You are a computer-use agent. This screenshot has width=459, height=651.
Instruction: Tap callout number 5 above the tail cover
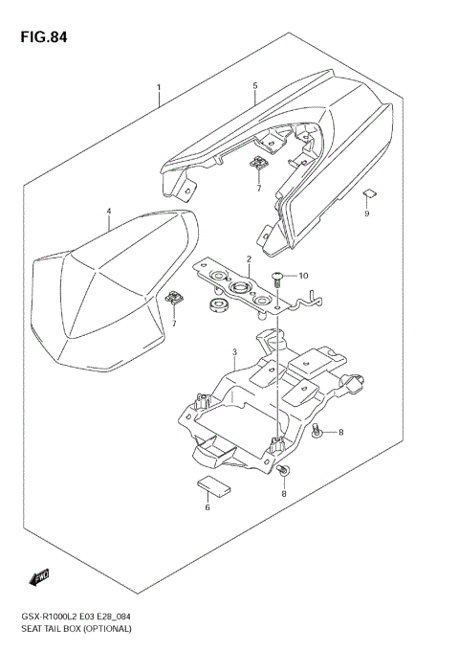pos(255,86)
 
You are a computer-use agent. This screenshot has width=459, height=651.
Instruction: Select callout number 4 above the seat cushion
pos(109,212)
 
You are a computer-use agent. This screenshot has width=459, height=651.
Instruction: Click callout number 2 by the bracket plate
pos(249,259)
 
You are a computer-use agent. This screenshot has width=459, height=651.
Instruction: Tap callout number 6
pos(207,507)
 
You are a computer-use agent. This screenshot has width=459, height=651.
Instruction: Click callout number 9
pos(366,213)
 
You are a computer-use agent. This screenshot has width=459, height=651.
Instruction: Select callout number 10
pos(304,277)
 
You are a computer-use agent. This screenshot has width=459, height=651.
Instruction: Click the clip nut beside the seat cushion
pos(175,299)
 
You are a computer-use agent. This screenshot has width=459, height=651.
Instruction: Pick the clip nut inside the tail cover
pos(258,167)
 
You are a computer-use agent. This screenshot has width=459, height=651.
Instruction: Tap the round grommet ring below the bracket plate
pos(217,307)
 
